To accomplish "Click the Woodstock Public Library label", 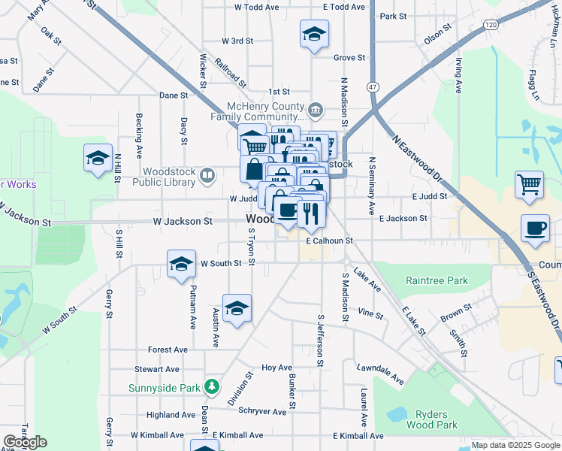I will [x=168, y=176].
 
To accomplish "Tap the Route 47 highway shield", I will [x=373, y=87].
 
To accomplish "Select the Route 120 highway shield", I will [x=491, y=25].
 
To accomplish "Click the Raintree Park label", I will [x=437, y=281].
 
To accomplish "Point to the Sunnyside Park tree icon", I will [x=213, y=387].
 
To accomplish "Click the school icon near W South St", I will [x=181, y=265].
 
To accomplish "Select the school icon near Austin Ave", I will [x=237, y=308].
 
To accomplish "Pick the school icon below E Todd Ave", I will [x=313, y=33].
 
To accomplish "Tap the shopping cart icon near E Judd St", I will [x=529, y=183].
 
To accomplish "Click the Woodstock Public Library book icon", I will [x=207, y=176].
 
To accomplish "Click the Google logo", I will [x=25, y=442].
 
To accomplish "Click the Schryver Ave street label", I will [x=262, y=412].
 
